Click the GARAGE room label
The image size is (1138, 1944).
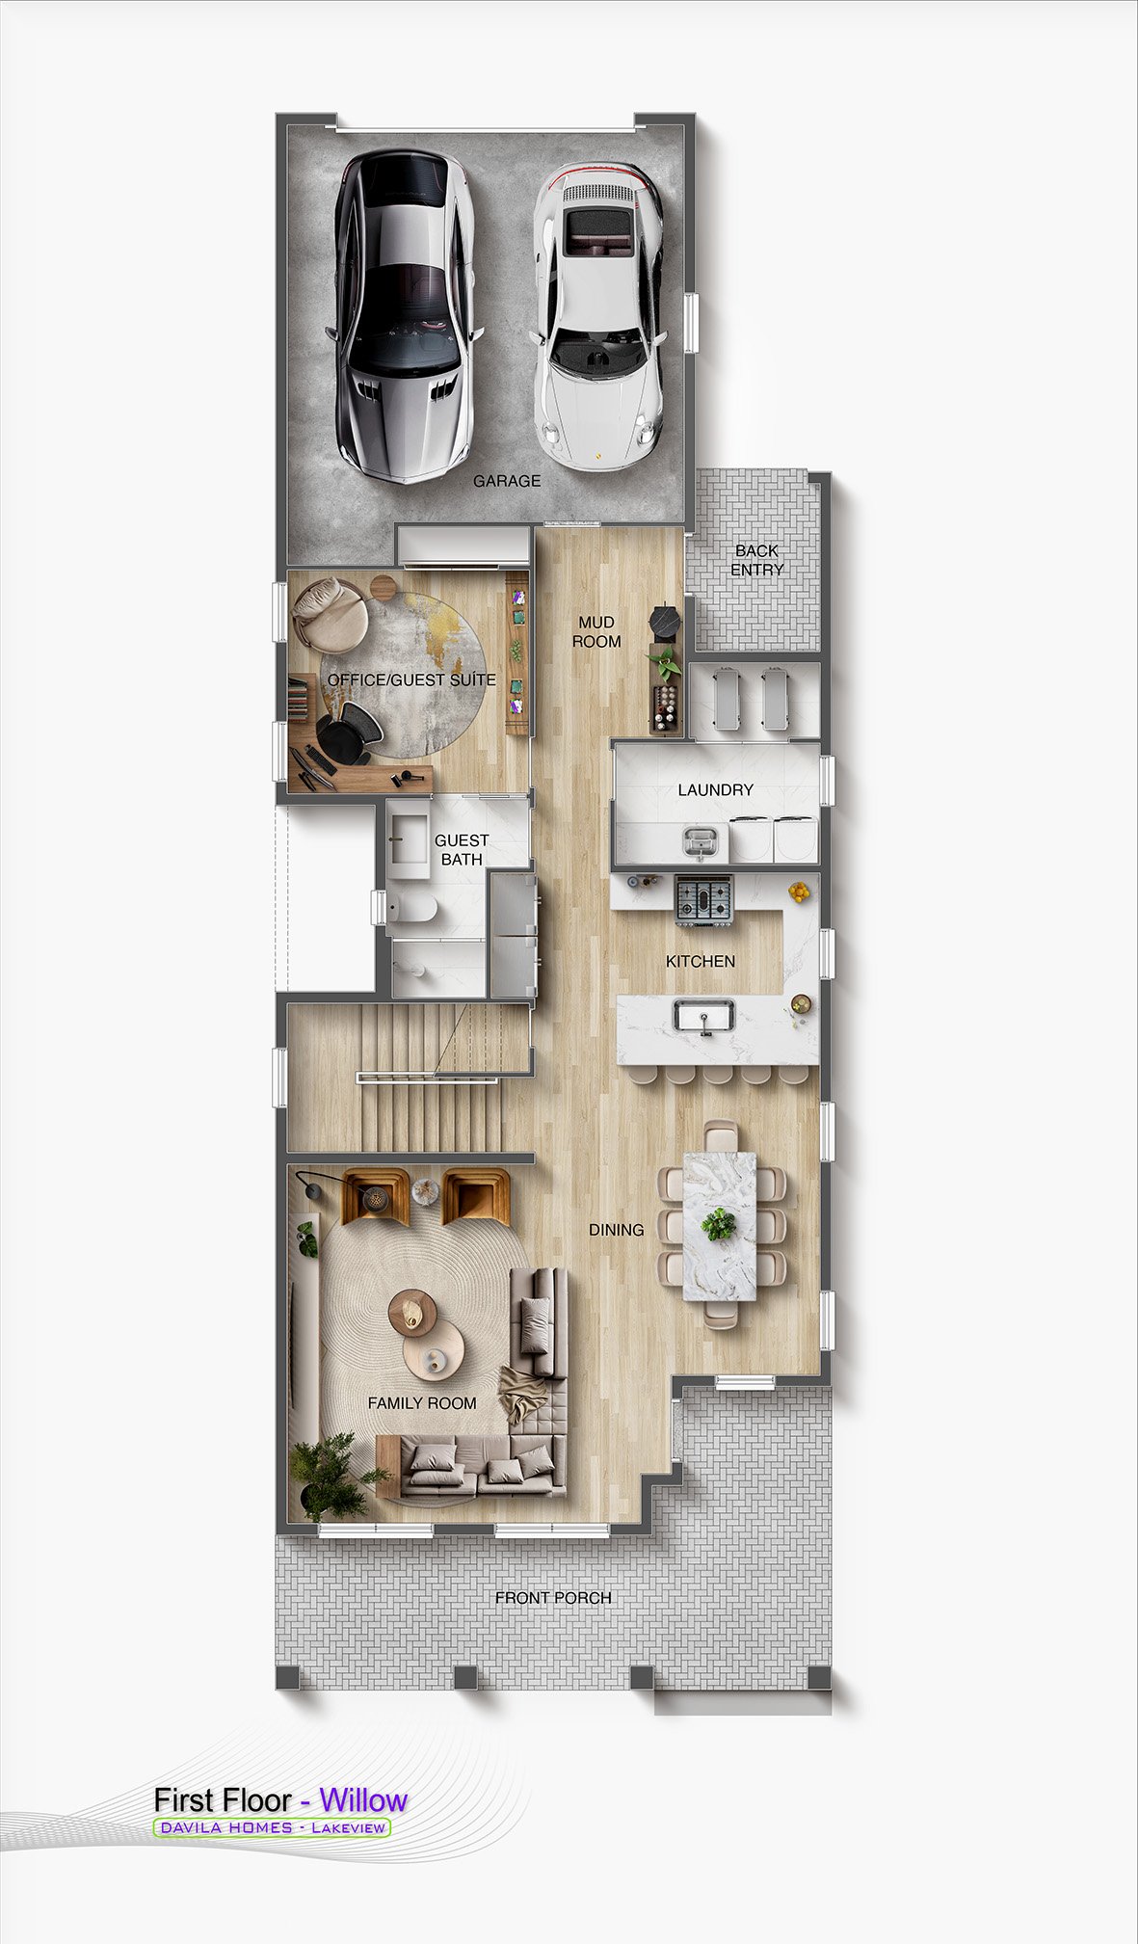[507, 481]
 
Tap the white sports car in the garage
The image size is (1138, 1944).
[597, 315]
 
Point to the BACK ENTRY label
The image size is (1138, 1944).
[756, 560]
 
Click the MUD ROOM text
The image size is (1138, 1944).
[596, 631]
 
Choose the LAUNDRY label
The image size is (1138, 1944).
[715, 790]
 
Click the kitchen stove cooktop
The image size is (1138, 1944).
[703, 901]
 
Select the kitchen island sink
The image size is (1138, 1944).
[704, 1018]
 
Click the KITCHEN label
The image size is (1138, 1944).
[701, 961]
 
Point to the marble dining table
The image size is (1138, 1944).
[720, 1225]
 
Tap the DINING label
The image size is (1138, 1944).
[617, 1230]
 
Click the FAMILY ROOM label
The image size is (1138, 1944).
[422, 1403]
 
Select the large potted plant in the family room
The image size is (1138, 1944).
[333, 1475]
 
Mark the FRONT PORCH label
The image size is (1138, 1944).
[553, 1598]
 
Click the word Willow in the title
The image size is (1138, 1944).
[363, 1799]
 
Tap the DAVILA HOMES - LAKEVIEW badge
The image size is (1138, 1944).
[272, 1827]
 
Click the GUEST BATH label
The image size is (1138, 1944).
[462, 850]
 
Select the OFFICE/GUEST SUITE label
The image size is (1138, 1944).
[411, 680]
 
